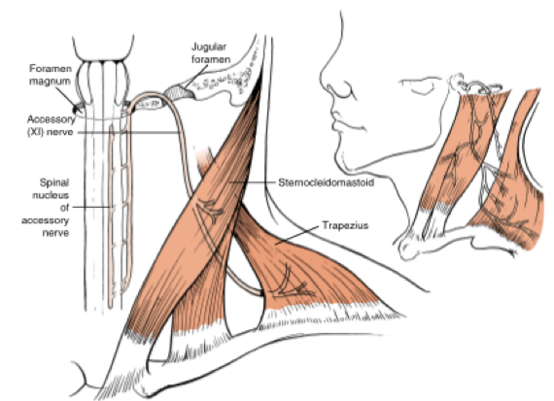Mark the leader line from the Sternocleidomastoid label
(253, 183)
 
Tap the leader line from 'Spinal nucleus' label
(92, 207)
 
